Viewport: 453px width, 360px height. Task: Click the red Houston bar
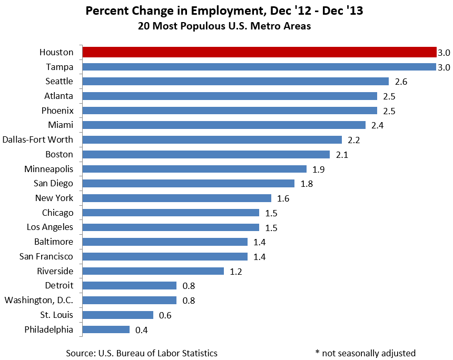click(259, 52)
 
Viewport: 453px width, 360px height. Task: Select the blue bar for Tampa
click(259, 67)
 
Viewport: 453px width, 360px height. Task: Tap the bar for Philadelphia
click(106, 329)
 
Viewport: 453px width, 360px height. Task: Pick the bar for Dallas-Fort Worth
click(212, 140)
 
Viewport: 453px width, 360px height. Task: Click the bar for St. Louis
click(118, 315)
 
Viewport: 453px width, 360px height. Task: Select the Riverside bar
click(153, 271)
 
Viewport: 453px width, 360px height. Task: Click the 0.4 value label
click(142, 330)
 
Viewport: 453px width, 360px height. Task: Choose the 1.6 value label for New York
click(283, 198)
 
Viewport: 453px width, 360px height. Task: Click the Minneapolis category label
click(49, 169)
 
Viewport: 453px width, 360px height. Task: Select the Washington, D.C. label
click(39, 300)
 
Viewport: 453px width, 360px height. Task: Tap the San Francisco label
click(46, 256)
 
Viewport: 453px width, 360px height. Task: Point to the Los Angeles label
click(50, 227)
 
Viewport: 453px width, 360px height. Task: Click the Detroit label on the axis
click(59, 285)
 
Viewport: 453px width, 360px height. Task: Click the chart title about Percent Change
click(224, 11)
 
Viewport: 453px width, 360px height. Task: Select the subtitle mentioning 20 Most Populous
click(224, 26)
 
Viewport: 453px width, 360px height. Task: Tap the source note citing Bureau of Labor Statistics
click(142, 353)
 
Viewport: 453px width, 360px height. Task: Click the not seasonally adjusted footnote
click(365, 353)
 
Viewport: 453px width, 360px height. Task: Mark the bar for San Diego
click(189, 184)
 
